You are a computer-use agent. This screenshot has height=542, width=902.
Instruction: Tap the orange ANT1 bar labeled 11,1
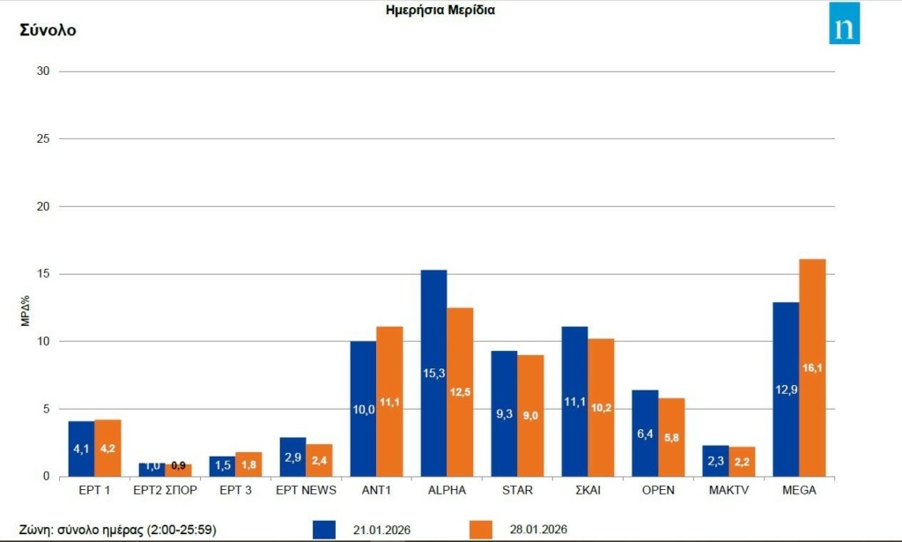coord(389,401)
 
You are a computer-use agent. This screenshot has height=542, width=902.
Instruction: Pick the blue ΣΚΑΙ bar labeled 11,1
coord(574,401)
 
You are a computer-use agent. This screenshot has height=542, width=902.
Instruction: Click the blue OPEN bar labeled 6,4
coord(645,433)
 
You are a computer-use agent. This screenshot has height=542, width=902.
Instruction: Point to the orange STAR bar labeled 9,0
coord(530,415)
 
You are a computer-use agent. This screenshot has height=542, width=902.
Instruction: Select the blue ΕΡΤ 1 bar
coord(81,449)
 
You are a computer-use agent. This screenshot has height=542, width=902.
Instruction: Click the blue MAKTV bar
coord(715,461)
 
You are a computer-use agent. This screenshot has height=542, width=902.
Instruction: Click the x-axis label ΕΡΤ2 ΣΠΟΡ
coord(165,489)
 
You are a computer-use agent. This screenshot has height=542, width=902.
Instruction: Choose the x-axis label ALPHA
coord(447,489)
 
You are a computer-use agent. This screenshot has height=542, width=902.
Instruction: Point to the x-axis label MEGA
coord(799,489)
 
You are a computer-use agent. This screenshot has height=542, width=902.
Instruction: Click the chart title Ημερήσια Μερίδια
coord(440,11)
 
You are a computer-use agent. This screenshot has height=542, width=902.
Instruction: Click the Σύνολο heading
coord(48,30)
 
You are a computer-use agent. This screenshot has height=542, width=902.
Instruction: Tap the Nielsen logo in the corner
coord(844,24)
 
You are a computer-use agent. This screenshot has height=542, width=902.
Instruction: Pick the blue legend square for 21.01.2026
coord(324,529)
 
